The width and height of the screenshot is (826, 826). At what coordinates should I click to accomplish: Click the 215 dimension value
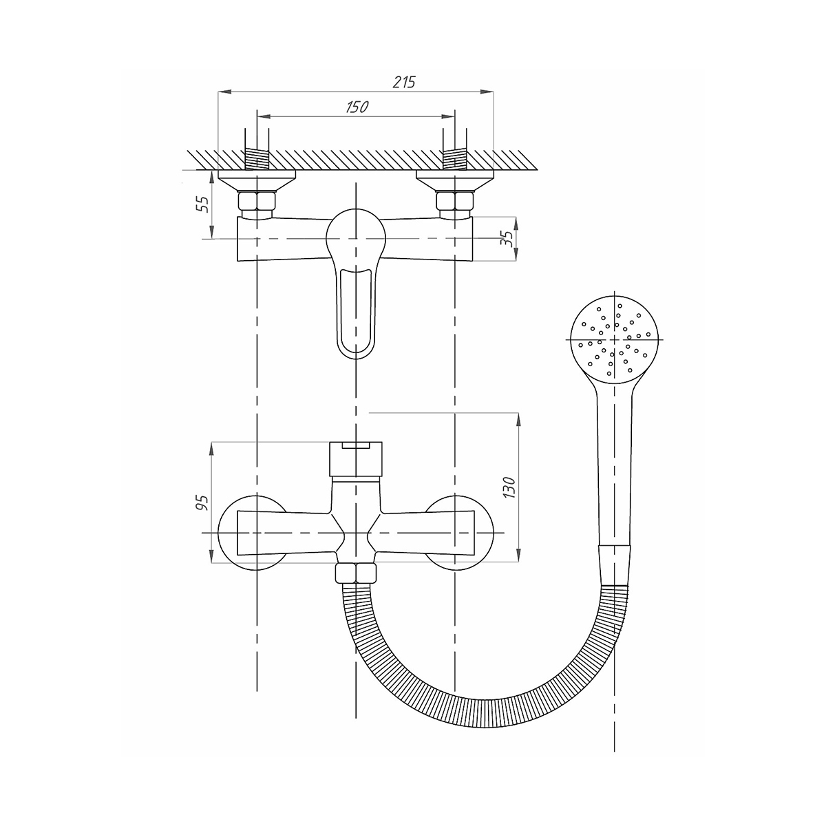(x=404, y=82)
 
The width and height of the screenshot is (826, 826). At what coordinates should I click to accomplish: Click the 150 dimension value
(x=357, y=107)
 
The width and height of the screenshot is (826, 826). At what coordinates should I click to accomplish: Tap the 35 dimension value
(x=507, y=238)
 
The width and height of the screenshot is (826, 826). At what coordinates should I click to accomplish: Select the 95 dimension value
(x=202, y=502)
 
